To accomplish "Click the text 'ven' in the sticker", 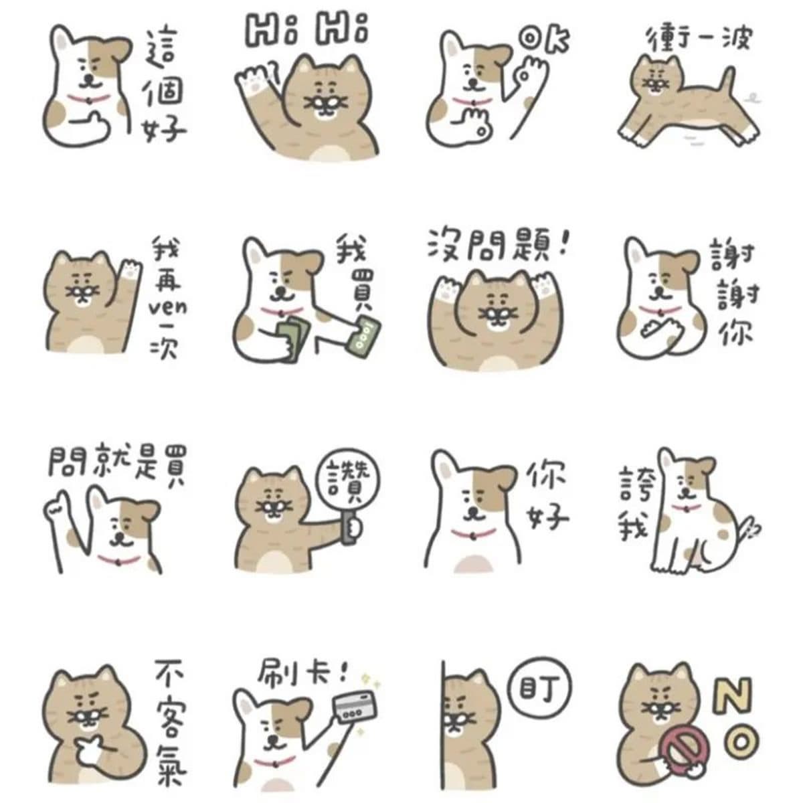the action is coord(168,308).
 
